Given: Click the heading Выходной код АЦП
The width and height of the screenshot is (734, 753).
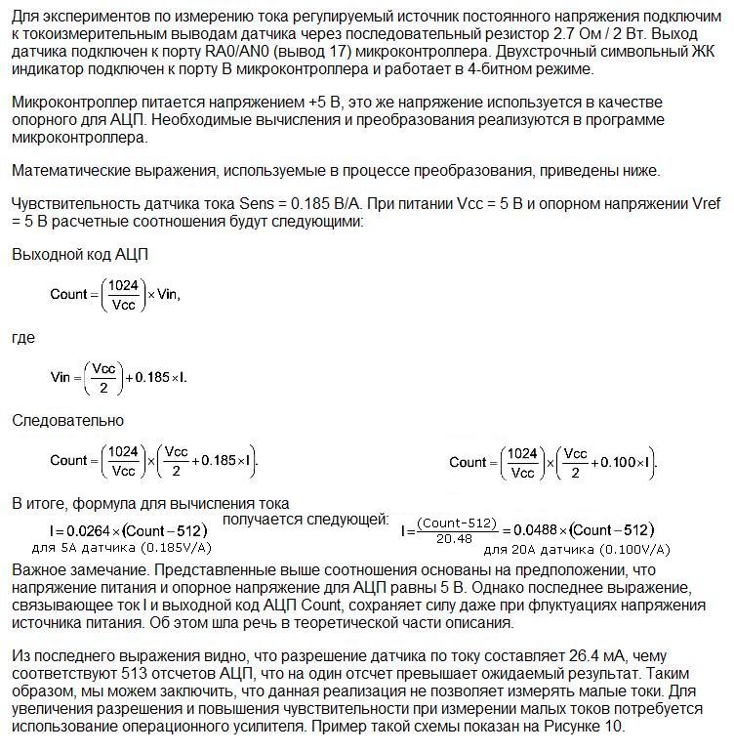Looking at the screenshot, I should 80,254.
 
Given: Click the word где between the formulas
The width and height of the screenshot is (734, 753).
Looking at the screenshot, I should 23,338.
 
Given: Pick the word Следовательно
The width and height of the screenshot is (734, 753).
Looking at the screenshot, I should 67,420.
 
